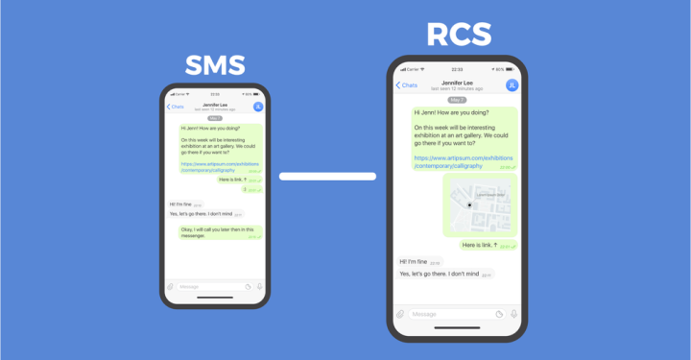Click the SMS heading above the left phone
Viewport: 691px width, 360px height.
[x=215, y=65]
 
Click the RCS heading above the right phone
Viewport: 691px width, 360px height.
[x=459, y=35]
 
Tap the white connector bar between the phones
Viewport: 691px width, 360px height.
[x=327, y=176]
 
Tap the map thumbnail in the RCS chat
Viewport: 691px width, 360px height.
[x=480, y=204]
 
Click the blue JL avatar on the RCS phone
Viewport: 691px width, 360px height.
[x=512, y=85]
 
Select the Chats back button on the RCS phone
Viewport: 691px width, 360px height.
[x=407, y=85]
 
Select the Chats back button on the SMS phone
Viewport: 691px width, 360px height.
[x=175, y=107]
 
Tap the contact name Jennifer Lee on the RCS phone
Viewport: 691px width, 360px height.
[x=457, y=84]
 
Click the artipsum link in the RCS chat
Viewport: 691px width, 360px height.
[x=464, y=161]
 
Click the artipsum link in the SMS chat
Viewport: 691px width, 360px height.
[x=221, y=166]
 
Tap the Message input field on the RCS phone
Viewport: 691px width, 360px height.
[x=449, y=314]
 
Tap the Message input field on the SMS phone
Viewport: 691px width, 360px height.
[x=209, y=286]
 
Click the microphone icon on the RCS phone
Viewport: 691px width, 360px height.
[x=513, y=314]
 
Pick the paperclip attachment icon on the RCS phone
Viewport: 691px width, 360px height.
[x=400, y=314]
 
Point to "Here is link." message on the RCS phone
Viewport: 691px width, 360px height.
[x=486, y=245]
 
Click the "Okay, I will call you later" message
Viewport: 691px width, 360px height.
[x=220, y=232]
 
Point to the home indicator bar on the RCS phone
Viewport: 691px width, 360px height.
[x=457, y=328]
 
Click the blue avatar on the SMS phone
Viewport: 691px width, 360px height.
[x=257, y=107]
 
